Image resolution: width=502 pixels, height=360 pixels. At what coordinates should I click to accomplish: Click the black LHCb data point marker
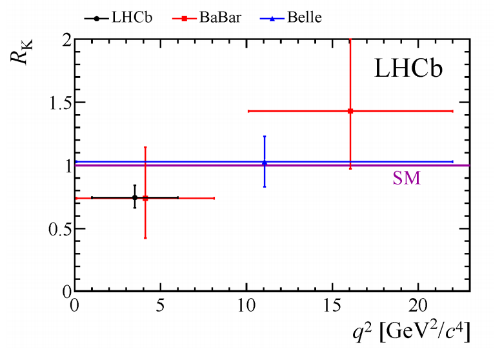click(x=134, y=197)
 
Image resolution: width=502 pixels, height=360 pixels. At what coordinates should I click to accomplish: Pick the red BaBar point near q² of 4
click(x=145, y=198)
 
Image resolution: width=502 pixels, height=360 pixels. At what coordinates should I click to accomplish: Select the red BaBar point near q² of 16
click(x=350, y=111)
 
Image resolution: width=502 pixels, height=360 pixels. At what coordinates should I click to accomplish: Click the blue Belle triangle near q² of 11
click(x=265, y=163)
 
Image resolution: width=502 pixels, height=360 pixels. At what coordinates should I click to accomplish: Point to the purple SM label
click(x=407, y=179)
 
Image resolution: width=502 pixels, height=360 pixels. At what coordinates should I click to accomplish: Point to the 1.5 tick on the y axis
click(x=57, y=103)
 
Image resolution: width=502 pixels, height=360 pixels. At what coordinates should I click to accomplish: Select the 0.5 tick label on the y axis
click(x=57, y=229)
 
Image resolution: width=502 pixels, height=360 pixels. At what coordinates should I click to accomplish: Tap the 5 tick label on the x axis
click(x=160, y=304)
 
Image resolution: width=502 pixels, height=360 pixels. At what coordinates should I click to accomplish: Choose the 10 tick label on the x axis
click(x=246, y=304)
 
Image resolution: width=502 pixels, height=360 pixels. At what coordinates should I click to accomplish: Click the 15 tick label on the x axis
click(x=332, y=304)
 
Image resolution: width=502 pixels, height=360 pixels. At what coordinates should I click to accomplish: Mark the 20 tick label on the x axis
click(x=417, y=304)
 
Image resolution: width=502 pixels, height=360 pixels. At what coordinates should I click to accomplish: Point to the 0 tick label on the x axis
click(x=75, y=304)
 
